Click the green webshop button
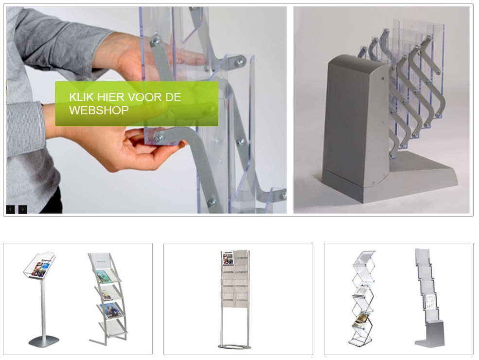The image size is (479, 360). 137,104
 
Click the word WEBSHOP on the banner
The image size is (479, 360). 99,110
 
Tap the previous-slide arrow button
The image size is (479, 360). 10,209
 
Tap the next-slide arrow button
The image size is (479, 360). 23,209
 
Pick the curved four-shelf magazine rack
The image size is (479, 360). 107,298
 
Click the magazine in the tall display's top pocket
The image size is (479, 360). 228,258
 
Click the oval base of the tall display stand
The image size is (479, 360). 234,346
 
